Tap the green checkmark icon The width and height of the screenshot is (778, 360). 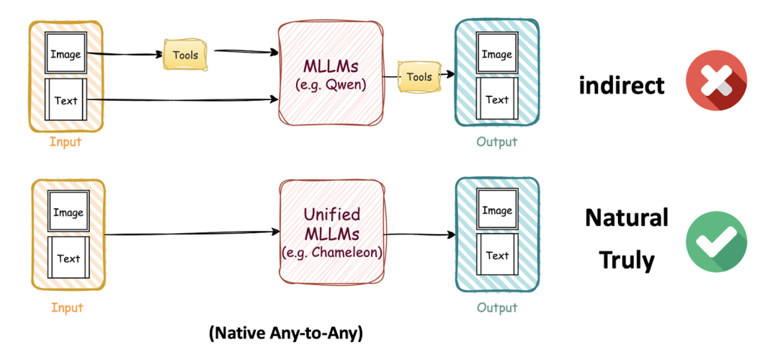(x=716, y=240)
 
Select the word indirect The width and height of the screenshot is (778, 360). (x=622, y=86)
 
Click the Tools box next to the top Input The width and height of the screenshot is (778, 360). (x=185, y=55)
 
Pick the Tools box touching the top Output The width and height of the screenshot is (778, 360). (x=419, y=77)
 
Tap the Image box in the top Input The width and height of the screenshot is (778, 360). (x=66, y=54)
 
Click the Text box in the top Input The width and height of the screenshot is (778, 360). (x=66, y=101)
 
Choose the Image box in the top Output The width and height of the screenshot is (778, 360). (x=496, y=55)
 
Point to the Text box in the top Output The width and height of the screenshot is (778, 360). (x=496, y=100)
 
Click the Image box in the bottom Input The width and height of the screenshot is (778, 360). (x=68, y=212)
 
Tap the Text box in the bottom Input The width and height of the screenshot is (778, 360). (x=68, y=258)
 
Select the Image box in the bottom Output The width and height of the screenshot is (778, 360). (x=497, y=210)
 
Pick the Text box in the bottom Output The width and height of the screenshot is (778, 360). (x=497, y=256)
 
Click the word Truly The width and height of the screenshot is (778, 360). (x=627, y=259)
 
